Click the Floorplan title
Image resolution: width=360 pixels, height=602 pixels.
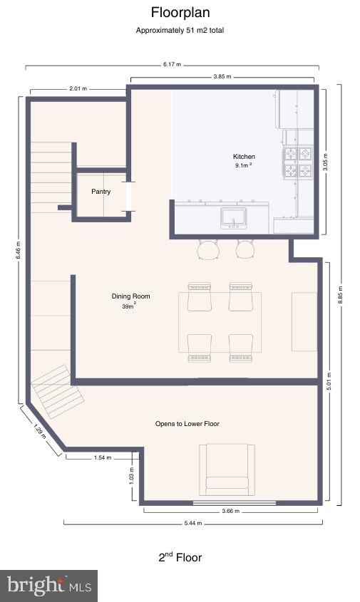180,12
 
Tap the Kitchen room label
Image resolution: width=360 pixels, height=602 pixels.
244,157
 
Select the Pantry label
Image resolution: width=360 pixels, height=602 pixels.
101,192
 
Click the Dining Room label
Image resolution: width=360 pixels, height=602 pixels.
130,296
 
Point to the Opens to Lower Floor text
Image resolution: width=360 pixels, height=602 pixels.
187,424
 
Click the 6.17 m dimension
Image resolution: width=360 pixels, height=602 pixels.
172,64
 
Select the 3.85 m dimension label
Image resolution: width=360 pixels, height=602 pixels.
222,76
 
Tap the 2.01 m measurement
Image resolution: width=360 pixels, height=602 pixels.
78,89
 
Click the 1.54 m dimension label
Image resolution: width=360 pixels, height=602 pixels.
103,458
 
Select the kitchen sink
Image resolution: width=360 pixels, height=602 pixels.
233,216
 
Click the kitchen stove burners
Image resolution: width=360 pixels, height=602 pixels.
299,162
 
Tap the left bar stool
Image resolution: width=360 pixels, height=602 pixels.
208,249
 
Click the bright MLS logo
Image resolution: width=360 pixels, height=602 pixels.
48,586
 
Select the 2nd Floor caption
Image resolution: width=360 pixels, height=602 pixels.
180,557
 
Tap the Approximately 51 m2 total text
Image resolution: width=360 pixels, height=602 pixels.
180,31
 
